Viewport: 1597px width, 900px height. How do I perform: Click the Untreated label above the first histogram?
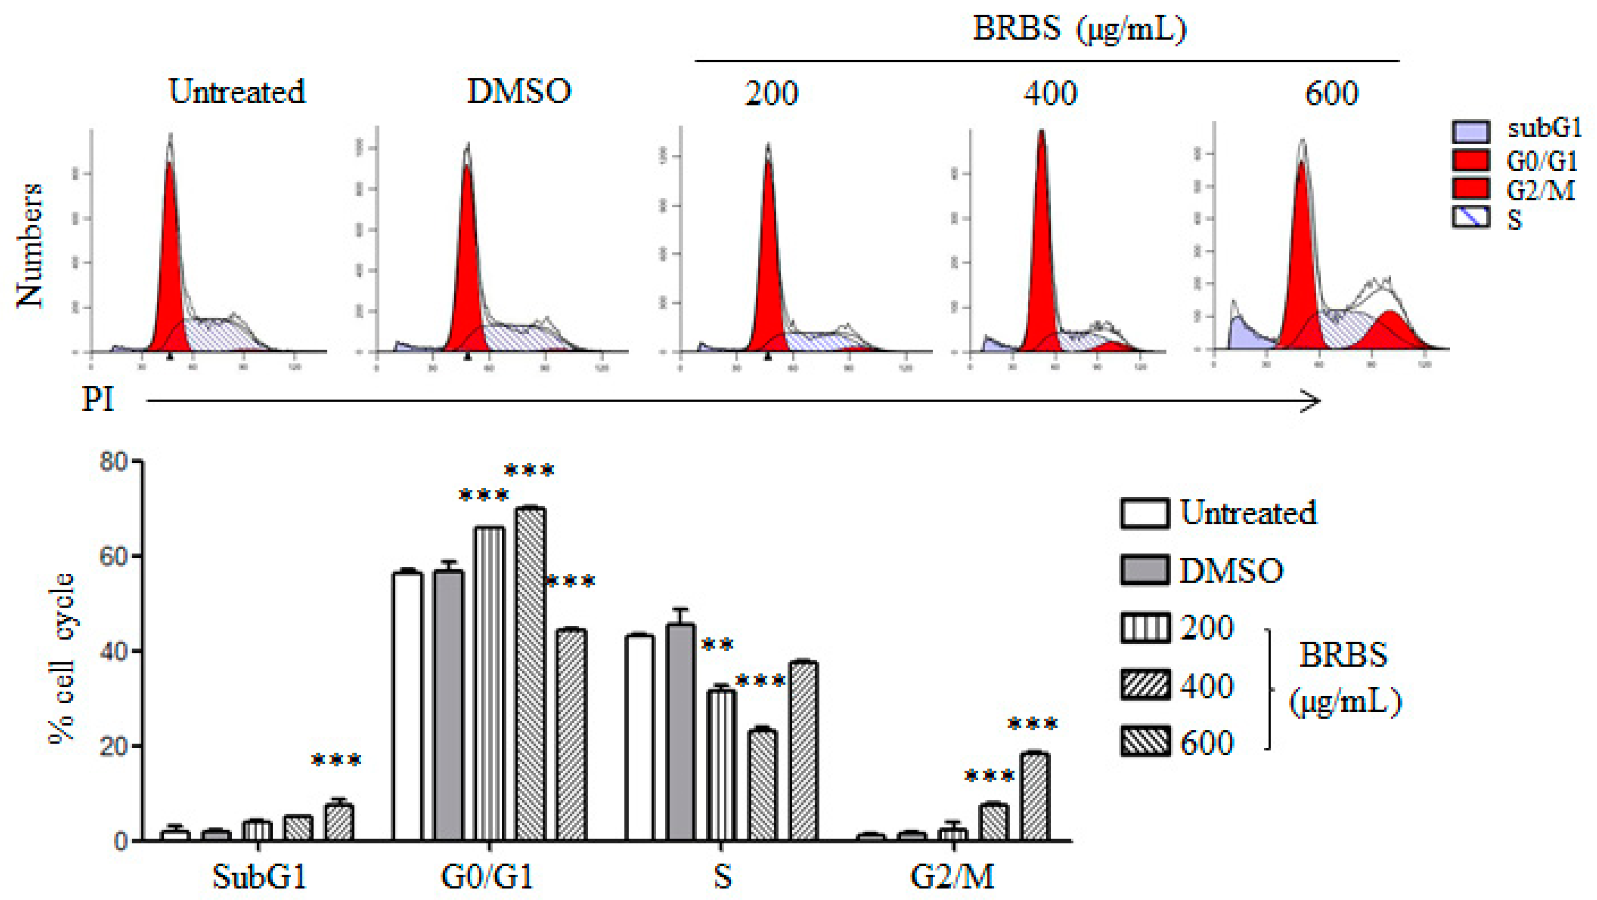click(x=237, y=92)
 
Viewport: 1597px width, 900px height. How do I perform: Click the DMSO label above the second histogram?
click(x=518, y=92)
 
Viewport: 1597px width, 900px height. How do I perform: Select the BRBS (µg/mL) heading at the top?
click(x=1079, y=28)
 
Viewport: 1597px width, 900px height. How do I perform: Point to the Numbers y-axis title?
click(x=30, y=245)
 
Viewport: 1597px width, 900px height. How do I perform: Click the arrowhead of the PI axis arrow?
click(x=1311, y=401)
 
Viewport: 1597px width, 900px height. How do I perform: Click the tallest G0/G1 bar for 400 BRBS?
click(x=530, y=673)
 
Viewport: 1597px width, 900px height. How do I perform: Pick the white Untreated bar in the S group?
click(x=640, y=738)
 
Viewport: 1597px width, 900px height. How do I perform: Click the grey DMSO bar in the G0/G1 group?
click(x=449, y=704)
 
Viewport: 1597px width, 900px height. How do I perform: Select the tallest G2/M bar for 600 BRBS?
click(x=1035, y=797)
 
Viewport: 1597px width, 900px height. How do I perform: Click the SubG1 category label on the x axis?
click(x=259, y=877)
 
